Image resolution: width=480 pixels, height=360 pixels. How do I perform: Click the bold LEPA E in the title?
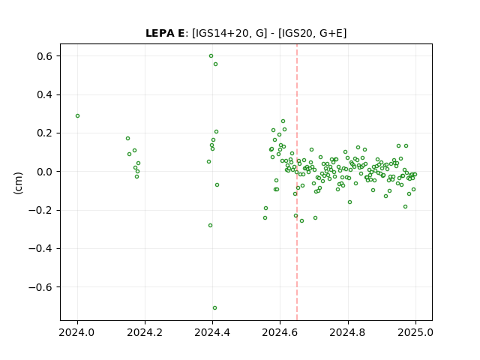[165, 33]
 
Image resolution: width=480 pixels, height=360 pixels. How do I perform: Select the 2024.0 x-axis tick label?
[77, 332]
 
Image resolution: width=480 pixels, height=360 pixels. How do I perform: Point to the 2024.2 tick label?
[145, 332]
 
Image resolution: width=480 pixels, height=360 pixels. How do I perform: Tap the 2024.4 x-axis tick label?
[212, 332]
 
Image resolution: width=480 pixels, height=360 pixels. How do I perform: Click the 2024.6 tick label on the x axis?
[280, 332]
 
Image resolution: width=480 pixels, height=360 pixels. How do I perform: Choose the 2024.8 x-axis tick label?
[348, 332]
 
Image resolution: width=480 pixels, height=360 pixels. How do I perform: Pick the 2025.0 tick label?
[415, 332]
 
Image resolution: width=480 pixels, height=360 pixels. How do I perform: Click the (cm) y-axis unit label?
[18, 183]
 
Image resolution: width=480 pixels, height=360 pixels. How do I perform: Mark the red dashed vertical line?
[297, 182]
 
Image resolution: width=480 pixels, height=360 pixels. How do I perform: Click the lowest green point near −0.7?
[215, 308]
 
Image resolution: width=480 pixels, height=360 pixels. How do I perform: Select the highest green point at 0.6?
[211, 56]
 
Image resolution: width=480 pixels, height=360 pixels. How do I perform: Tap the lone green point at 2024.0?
[78, 116]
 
